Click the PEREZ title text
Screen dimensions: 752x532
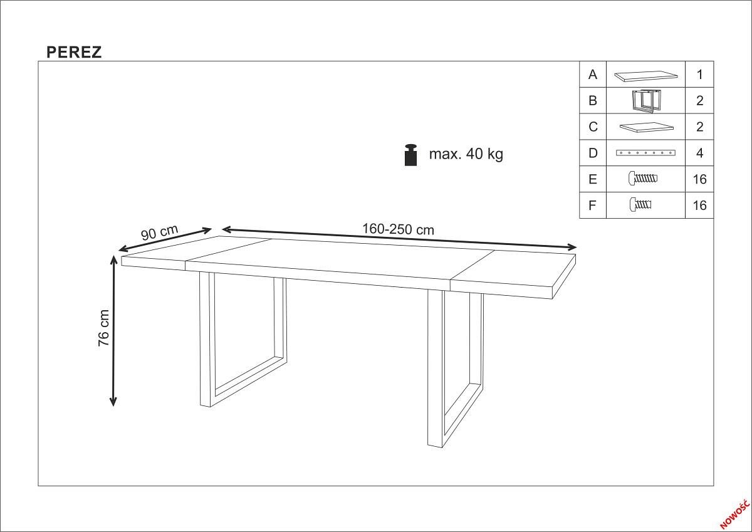[74, 53]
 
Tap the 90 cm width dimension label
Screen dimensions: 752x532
[159, 232]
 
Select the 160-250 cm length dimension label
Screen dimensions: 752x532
[398, 229]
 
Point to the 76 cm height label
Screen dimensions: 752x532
[104, 328]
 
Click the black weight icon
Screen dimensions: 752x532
[411, 155]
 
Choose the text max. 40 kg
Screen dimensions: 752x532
[466, 154]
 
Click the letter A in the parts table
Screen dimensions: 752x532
[593, 75]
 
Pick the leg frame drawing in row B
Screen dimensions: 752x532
[645, 101]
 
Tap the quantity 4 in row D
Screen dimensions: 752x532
[699, 153]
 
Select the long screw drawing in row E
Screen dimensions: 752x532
[642, 179]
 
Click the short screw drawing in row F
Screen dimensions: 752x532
[640, 204]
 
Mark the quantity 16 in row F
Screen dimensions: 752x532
[699, 206]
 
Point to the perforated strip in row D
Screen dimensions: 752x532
[645, 153]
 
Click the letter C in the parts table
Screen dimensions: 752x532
[593, 127]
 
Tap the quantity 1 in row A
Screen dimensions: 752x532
[699, 75]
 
